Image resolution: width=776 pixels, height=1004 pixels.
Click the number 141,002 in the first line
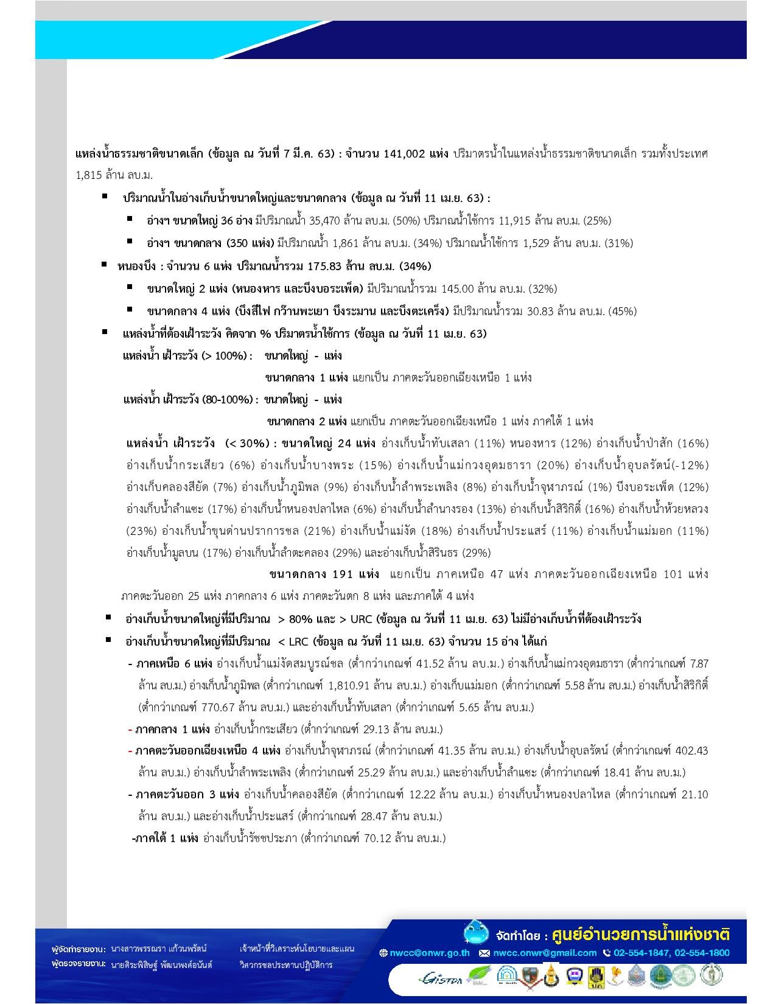[404, 154]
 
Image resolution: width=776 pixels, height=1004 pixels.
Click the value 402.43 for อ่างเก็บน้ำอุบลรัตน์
[691, 750]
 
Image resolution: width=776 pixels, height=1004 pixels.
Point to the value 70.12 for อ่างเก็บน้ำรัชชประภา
[378, 838]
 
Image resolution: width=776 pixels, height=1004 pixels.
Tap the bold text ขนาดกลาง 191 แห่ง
[324, 574]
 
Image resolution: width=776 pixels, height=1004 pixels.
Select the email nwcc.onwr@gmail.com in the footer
[544, 953]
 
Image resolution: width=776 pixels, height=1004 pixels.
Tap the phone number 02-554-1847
[638, 953]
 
